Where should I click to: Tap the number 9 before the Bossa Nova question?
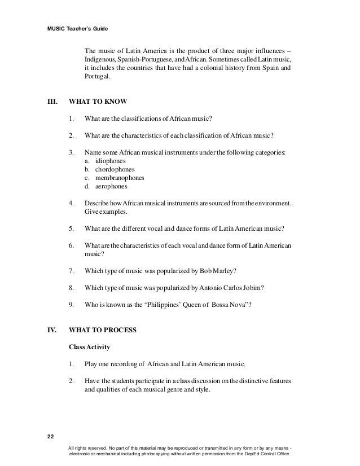click(71, 305)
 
